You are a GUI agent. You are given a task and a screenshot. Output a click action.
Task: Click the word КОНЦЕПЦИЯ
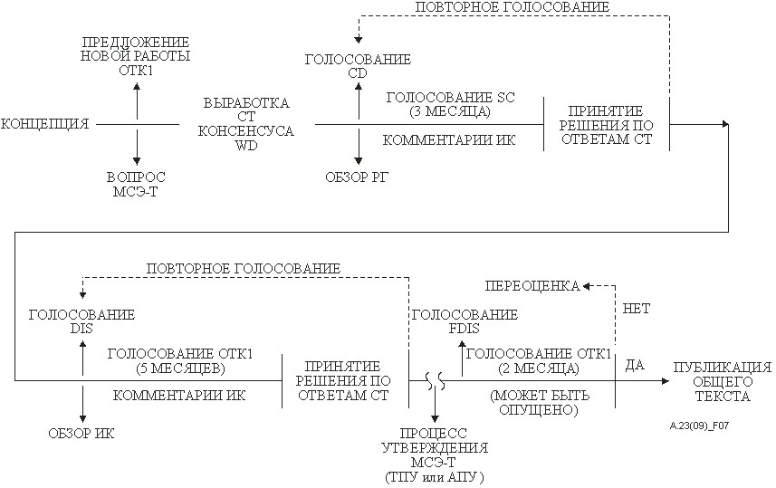point(45,124)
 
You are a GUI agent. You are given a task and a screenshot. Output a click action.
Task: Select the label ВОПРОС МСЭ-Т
point(136,184)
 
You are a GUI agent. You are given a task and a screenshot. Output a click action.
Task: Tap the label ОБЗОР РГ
point(357,177)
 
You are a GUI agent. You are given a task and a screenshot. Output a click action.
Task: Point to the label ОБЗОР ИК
point(81,434)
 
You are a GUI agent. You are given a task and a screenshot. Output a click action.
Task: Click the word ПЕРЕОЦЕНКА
point(532,286)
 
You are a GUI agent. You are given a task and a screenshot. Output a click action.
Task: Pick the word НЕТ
point(636,309)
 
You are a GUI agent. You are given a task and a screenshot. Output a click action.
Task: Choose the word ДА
point(635,365)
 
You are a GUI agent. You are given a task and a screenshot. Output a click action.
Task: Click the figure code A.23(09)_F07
point(699,426)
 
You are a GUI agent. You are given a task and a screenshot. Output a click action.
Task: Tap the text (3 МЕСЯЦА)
point(450,112)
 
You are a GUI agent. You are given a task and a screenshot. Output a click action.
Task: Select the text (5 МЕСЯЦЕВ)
point(180,368)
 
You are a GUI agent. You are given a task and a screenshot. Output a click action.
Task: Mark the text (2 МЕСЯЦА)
point(539,368)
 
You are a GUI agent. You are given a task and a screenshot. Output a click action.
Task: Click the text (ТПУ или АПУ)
point(435,478)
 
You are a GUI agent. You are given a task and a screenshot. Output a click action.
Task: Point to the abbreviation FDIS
point(465,329)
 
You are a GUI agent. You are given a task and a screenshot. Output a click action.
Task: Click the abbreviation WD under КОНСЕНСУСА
point(246,146)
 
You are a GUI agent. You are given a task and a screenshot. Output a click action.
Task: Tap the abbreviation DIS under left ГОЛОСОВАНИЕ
point(81,329)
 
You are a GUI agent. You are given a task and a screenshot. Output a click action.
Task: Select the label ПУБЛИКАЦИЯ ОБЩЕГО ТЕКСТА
point(723,381)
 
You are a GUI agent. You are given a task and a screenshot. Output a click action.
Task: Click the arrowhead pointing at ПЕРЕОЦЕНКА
point(587,286)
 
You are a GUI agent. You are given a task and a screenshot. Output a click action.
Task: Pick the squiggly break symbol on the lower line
point(435,381)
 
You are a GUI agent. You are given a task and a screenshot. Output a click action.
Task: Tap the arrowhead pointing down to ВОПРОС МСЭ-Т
point(137,161)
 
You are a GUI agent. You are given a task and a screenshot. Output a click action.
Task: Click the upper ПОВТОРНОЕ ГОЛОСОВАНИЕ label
point(513,7)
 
